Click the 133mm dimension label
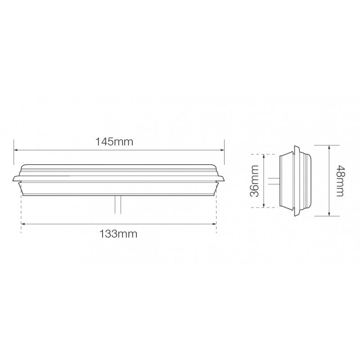pos(119,234)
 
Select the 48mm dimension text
pos(340,180)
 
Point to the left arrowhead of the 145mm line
pos(16,151)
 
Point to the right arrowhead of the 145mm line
pos(222,151)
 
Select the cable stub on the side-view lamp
pos(273,181)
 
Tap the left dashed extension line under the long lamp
pos(21,211)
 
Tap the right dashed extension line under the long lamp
pos(216,211)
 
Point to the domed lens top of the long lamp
pos(119,167)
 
